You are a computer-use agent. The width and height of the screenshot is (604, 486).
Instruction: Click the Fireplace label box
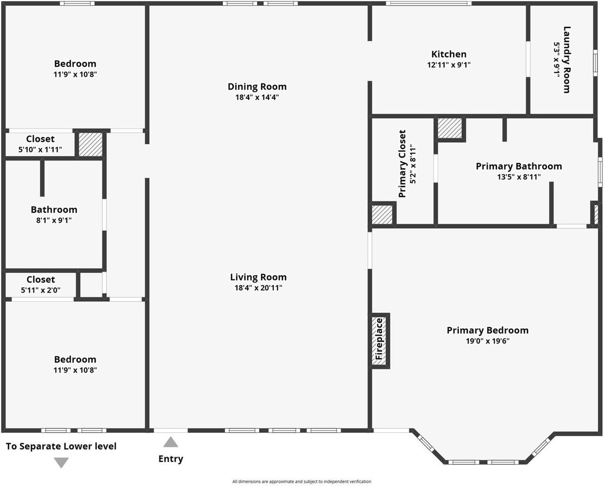(x=378, y=341)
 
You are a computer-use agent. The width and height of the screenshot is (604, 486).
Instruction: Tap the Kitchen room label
(x=449, y=54)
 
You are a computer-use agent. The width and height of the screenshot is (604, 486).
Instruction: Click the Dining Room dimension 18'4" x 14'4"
(x=257, y=97)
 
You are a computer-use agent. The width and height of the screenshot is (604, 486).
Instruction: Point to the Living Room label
(x=258, y=277)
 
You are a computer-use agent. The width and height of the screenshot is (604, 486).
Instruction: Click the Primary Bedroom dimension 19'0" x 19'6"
(x=487, y=341)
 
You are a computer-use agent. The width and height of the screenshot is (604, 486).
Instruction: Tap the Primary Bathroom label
(x=518, y=166)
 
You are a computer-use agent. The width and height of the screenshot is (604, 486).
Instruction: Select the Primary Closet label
(x=402, y=164)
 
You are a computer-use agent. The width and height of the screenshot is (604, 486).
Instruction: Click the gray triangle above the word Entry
(x=171, y=442)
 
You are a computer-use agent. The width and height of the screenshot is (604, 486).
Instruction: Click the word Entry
(x=171, y=459)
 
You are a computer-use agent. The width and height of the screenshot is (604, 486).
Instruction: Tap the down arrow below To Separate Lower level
(x=61, y=462)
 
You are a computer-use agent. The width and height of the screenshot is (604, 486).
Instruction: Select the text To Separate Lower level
(x=61, y=446)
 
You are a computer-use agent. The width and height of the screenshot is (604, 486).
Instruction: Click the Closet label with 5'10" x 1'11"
(x=41, y=139)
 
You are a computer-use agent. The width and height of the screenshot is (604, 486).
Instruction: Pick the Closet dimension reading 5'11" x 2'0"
(x=41, y=290)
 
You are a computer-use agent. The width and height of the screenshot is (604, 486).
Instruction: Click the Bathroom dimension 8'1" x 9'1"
(x=54, y=220)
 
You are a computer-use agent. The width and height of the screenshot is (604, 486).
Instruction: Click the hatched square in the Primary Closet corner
(x=382, y=214)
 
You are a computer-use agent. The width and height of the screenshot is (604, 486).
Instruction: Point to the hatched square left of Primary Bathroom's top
(x=450, y=128)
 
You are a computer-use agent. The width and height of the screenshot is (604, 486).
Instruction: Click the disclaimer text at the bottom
(x=302, y=481)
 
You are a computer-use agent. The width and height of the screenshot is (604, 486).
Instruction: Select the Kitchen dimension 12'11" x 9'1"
(x=449, y=65)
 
